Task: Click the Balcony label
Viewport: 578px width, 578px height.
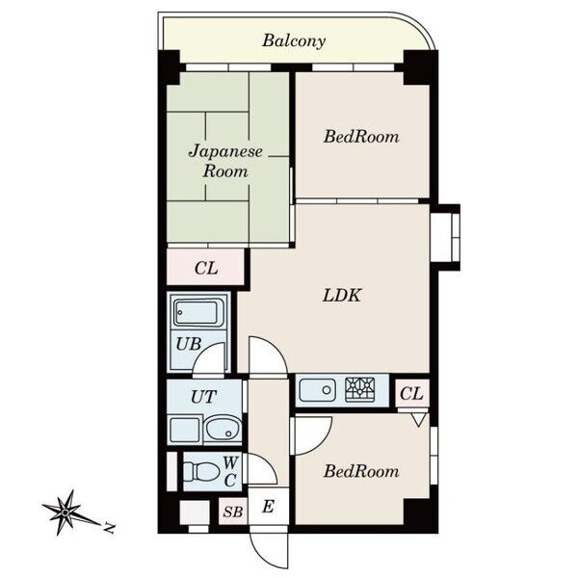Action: click(x=294, y=40)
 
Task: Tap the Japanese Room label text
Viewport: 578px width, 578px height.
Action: click(x=225, y=162)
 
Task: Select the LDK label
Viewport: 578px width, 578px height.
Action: click(x=342, y=296)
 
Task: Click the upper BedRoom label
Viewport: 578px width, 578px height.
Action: click(x=361, y=137)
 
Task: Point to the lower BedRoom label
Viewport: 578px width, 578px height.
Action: click(x=361, y=471)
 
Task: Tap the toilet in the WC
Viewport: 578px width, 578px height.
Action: click(x=201, y=471)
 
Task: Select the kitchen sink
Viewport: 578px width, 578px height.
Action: click(x=317, y=390)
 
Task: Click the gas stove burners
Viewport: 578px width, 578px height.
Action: click(x=360, y=389)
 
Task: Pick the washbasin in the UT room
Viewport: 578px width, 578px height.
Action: click(x=223, y=429)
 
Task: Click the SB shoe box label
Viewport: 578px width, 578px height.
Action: click(x=233, y=512)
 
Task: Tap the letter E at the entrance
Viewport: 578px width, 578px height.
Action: click(x=268, y=507)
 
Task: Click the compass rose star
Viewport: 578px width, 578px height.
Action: click(x=66, y=512)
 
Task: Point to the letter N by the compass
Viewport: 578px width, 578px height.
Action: click(x=108, y=528)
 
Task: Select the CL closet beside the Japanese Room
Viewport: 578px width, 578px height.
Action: click(x=206, y=268)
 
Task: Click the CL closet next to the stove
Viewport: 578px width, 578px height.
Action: click(x=411, y=393)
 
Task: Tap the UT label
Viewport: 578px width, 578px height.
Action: click(x=203, y=397)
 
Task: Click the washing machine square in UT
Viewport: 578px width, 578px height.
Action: click(x=185, y=429)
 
